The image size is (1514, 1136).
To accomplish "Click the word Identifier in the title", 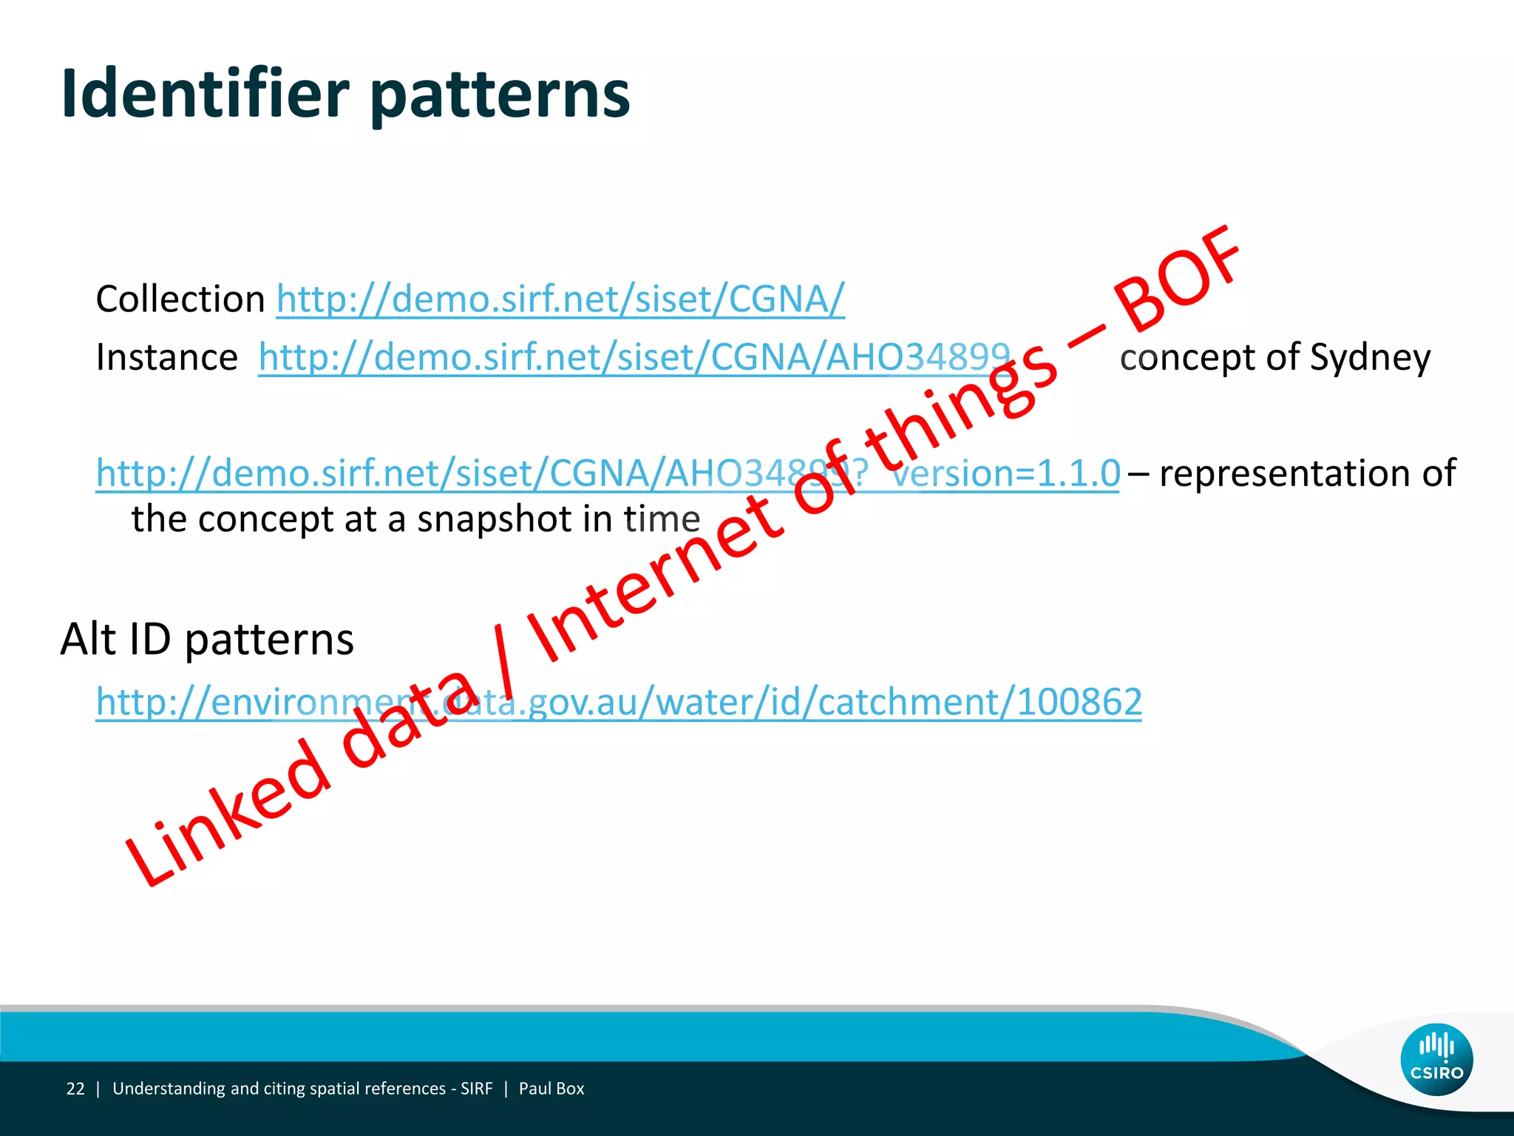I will click(x=205, y=94).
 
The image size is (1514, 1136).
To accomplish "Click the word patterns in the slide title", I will click(x=500, y=96).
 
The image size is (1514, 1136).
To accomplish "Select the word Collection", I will click(x=180, y=300).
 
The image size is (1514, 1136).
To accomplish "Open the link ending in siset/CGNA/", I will click(x=560, y=300).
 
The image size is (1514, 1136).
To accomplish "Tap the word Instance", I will click(x=167, y=358).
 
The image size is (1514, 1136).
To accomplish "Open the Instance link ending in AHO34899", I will click(x=634, y=358).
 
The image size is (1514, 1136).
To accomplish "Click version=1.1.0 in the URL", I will click(x=1005, y=473).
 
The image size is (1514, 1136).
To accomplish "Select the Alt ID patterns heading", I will click(x=207, y=639).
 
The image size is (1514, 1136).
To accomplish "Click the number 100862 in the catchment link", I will click(x=1079, y=702).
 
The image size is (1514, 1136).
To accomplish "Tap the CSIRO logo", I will click(x=1436, y=1059).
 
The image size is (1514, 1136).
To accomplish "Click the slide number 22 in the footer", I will click(x=75, y=1089).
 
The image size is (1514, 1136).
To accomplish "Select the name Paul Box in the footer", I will click(x=551, y=1089).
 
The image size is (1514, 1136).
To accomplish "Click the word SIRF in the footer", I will click(x=476, y=1089).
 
